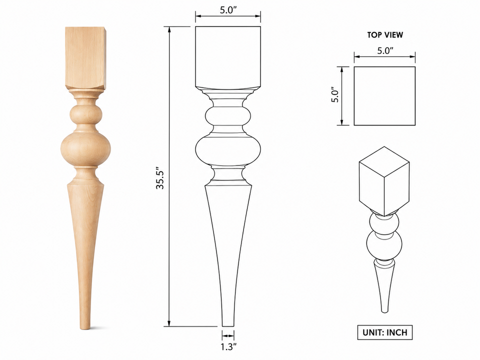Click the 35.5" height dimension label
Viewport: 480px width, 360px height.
click(160, 178)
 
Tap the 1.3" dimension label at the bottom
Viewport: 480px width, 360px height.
click(228, 347)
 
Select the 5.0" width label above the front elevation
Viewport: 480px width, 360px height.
click(228, 10)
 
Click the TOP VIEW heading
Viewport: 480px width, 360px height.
click(385, 35)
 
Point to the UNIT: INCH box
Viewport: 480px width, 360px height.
click(385, 332)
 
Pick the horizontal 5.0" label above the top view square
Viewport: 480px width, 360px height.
click(385, 51)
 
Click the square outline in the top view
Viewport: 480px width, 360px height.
click(354, 96)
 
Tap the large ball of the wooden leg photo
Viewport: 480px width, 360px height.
click(85, 149)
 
